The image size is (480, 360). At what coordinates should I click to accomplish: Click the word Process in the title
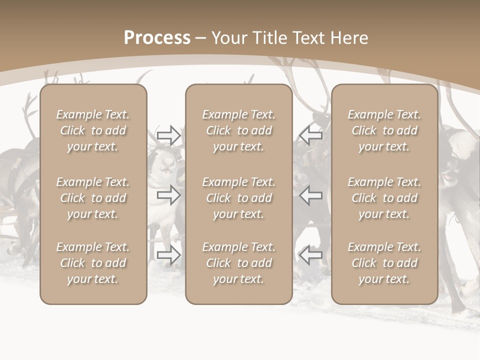(x=157, y=38)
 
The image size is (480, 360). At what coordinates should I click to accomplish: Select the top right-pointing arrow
(x=168, y=135)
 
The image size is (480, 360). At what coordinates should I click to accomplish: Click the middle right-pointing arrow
(x=168, y=194)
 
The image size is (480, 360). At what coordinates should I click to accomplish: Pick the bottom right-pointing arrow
(x=168, y=255)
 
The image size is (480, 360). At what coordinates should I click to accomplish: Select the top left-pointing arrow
(x=311, y=135)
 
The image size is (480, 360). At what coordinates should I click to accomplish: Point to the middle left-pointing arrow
(x=311, y=194)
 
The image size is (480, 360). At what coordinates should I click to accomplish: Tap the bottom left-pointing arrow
(x=311, y=255)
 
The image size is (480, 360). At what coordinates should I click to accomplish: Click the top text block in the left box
(x=93, y=130)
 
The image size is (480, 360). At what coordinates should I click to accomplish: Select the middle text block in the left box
(x=93, y=198)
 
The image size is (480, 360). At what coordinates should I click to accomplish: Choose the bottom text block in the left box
(x=93, y=263)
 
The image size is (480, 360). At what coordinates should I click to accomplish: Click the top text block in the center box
(x=239, y=130)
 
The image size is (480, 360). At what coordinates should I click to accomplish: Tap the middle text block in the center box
(x=239, y=198)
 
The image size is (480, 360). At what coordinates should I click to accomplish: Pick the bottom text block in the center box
(x=239, y=263)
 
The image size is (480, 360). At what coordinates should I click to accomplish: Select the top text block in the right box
(x=384, y=130)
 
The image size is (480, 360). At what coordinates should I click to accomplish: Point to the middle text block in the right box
(x=384, y=198)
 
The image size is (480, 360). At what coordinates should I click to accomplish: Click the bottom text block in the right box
(x=384, y=263)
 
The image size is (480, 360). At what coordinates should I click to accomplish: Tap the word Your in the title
(x=228, y=38)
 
